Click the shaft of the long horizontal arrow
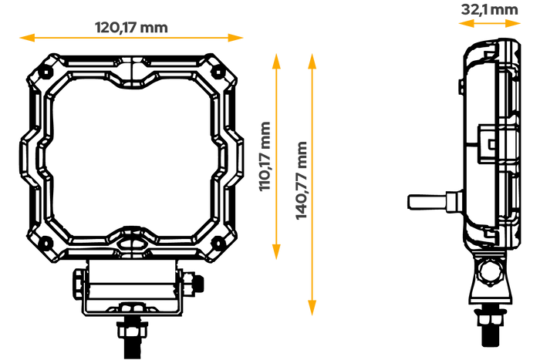click(x=131, y=38)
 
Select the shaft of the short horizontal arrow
click(x=489, y=24)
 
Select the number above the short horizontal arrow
click(x=474, y=10)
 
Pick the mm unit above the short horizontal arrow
click(x=506, y=11)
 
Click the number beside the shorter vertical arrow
click(x=264, y=173)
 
